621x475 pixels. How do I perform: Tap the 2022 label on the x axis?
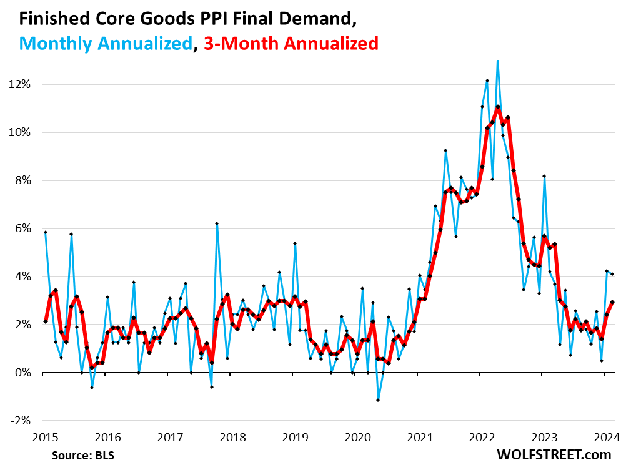pos(482,436)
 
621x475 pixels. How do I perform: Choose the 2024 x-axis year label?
pos(607,436)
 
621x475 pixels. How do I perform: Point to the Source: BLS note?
pos(84,455)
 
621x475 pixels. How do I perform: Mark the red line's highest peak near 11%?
pos(497,107)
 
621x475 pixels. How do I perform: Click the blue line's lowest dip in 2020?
pos(378,400)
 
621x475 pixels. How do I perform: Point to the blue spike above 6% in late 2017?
pos(217,223)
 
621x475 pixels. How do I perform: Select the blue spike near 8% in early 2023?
pos(544,176)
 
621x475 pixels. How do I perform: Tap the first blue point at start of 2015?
pos(46,232)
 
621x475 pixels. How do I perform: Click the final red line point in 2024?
pos(612,302)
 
